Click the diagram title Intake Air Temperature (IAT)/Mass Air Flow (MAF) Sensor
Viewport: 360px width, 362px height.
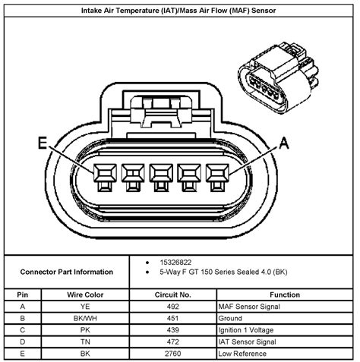[179, 11]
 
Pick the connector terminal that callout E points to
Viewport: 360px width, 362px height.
[102, 178]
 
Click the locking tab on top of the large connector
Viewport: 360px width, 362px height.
[161, 114]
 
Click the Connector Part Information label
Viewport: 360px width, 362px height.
[67, 272]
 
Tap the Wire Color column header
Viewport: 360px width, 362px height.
[90, 294]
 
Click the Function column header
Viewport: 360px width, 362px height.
[285, 294]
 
